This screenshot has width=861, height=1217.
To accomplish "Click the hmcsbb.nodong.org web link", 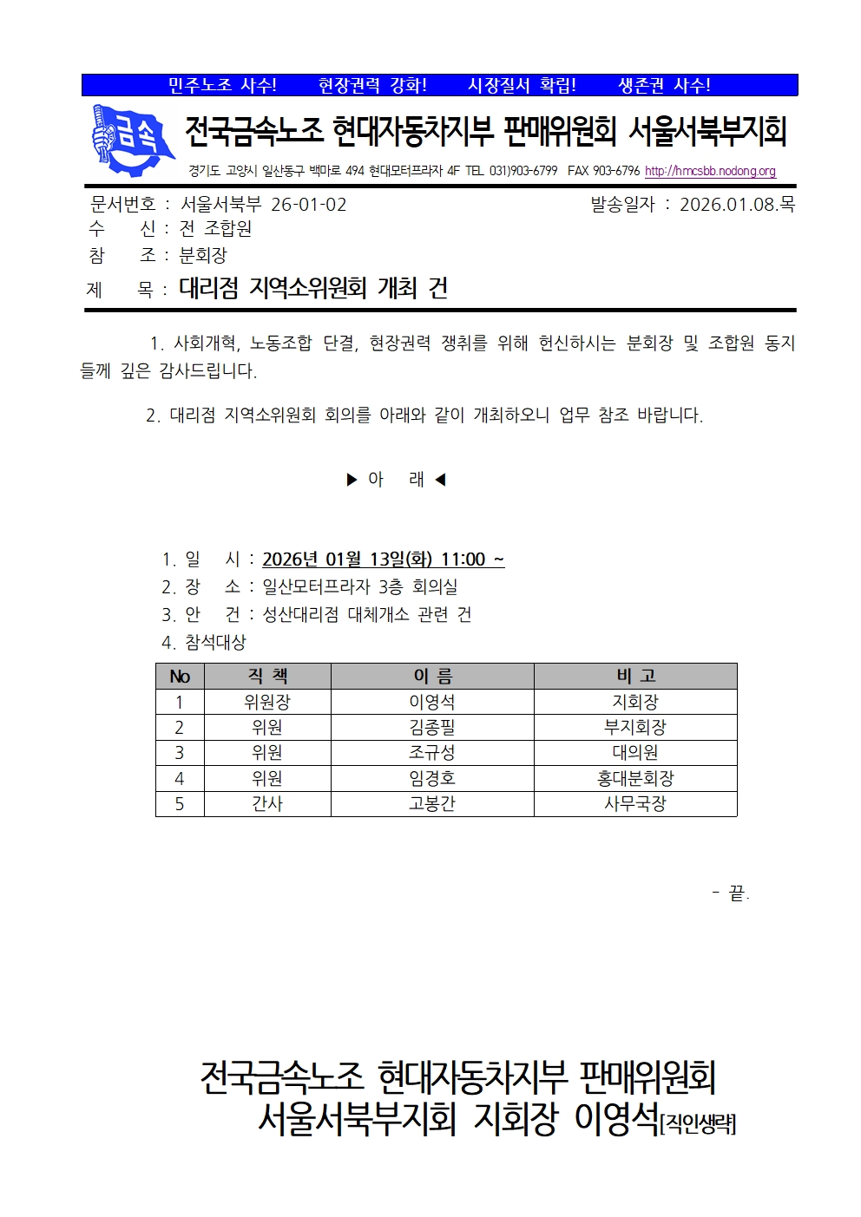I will [710, 171].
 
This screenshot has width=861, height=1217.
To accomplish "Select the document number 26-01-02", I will [308, 205].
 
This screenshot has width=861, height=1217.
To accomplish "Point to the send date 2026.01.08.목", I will [736, 205].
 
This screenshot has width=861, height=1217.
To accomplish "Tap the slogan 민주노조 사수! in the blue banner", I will [222, 85].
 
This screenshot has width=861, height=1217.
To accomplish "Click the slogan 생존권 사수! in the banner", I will [664, 85].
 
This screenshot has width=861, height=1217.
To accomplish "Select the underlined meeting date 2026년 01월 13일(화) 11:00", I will [382, 559].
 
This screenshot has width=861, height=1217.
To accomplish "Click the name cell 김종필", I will [431, 727].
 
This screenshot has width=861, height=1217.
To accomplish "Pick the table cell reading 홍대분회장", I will [634, 778].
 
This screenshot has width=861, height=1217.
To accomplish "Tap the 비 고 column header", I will [634, 677].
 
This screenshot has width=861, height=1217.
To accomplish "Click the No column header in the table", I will [180, 677].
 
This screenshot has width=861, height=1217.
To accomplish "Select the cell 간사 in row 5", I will [267, 803].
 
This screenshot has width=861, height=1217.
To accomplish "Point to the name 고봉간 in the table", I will [431, 803].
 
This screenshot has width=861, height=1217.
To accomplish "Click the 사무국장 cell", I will [634, 803].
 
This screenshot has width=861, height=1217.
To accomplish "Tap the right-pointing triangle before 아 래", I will [352, 479].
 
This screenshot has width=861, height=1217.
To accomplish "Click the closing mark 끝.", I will [736, 893].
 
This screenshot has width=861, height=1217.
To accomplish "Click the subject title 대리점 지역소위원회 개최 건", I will [313, 288].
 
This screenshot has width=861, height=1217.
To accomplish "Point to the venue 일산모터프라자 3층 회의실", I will [359, 587].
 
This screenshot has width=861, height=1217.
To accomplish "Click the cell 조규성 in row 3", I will [431, 752].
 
